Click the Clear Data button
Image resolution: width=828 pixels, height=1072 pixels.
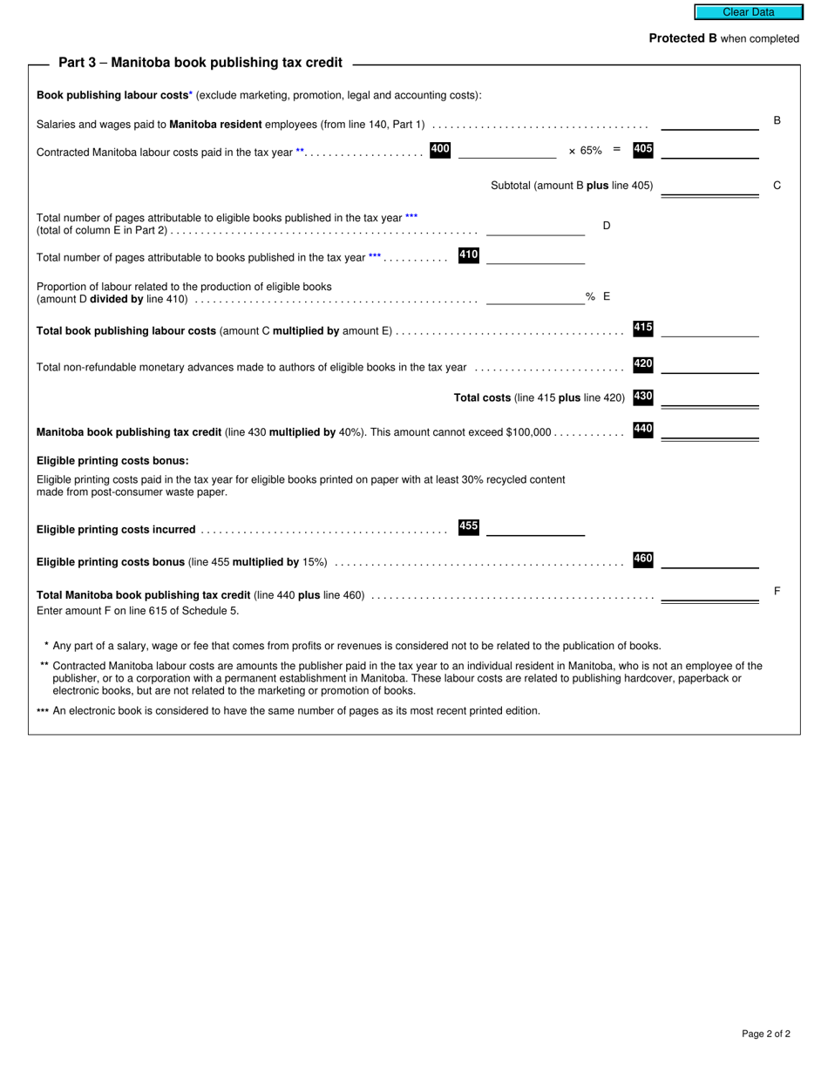(748, 12)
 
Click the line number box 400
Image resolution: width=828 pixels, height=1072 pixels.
(440, 150)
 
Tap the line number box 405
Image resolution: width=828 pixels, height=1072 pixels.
(643, 150)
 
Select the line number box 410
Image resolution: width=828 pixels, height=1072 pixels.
(469, 255)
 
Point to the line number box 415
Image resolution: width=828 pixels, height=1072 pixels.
(643, 329)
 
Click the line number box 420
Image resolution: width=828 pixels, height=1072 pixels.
(643, 365)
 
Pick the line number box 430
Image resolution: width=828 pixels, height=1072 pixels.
(643, 397)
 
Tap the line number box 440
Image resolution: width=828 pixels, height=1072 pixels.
(643, 430)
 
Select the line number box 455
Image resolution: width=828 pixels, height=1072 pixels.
(469, 527)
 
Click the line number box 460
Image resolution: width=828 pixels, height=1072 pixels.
(643, 560)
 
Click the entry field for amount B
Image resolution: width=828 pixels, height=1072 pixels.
(709, 122)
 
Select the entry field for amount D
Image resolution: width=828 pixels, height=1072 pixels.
(535, 227)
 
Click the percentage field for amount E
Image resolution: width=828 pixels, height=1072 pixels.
(535, 296)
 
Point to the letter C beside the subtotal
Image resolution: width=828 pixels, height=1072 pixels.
(777, 186)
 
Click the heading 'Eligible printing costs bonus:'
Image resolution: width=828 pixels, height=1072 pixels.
(112, 461)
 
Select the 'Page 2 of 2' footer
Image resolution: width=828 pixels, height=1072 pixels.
(765, 1035)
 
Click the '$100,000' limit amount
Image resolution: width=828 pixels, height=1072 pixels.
(528, 432)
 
